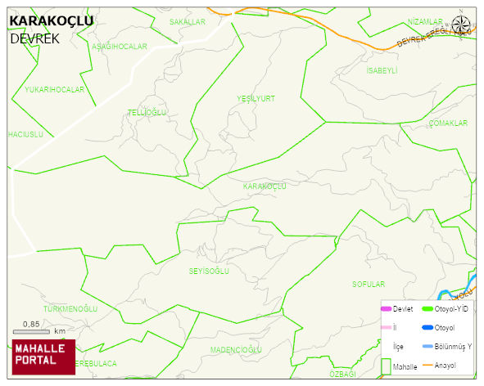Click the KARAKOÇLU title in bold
point(51,21)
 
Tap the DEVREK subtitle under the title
point(35,38)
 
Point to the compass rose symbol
point(462,26)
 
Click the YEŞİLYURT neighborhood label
point(256,98)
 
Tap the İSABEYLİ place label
point(382,71)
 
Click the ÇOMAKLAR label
point(448,123)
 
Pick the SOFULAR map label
point(369,285)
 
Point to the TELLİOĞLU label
point(147,112)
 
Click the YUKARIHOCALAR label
point(55,89)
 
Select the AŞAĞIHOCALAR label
point(120,47)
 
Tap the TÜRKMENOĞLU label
point(70,309)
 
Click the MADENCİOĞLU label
point(236,350)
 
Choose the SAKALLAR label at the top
point(188,22)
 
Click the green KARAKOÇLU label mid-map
point(265,186)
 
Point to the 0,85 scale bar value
point(32,325)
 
